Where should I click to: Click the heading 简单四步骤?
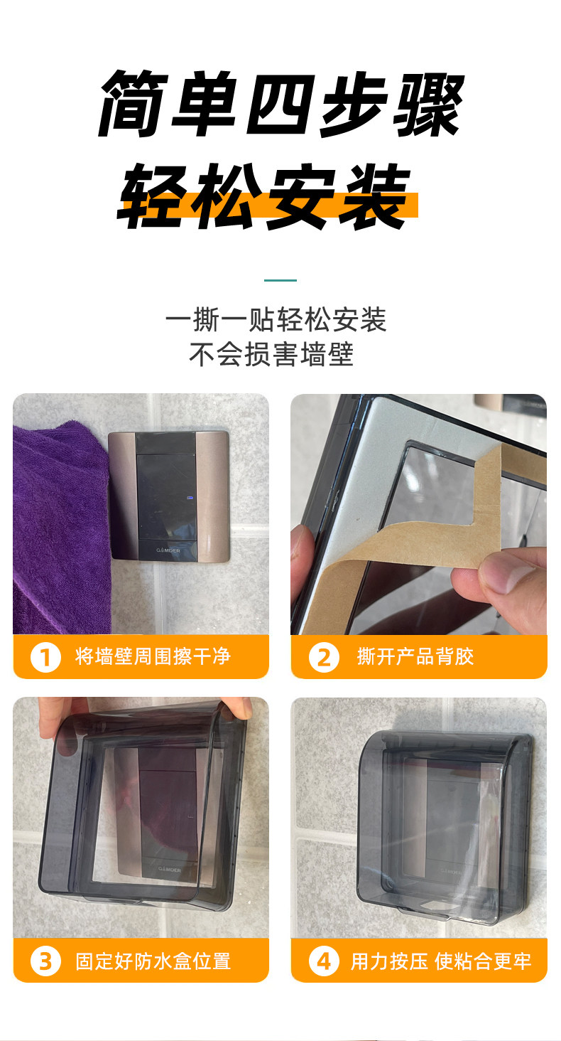(281, 104)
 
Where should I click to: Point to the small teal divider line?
(280, 280)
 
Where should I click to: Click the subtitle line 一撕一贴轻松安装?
(276, 320)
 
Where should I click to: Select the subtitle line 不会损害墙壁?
(271, 354)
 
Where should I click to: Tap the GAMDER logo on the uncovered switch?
(168, 550)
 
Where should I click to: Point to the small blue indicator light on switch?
(190, 498)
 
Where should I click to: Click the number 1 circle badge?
(45, 657)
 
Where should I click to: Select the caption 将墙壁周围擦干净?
(153, 656)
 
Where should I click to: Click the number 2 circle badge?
(324, 657)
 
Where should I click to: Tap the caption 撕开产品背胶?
(415, 656)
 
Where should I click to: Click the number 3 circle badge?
(45, 961)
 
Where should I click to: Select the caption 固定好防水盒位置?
(153, 961)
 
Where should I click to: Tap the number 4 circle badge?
(324, 961)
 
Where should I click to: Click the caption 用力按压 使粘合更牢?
(441, 961)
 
